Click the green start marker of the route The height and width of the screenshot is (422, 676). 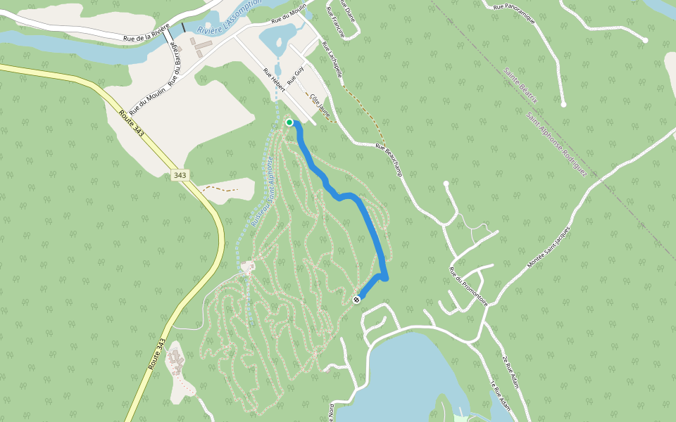click(289, 122)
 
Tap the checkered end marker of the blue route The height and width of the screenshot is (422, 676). click(356, 300)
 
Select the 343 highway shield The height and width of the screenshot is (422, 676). click(180, 174)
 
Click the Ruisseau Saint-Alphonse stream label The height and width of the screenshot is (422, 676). click(263, 190)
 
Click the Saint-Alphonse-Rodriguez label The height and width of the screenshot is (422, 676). click(556, 143)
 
